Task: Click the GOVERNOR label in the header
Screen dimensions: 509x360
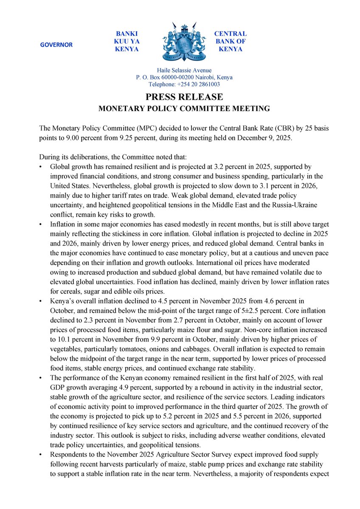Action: tap(56, 45)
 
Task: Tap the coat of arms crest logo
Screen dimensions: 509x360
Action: tap(180, 42)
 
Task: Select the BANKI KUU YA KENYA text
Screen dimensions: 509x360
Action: tap(127, 41)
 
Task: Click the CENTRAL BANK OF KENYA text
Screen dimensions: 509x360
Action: tap(230, 41)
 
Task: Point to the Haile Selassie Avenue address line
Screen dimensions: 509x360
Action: tap(184, 70)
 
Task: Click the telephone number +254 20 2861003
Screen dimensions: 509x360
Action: tap(200, 84)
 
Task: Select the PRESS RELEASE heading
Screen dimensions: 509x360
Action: tap(184, 97)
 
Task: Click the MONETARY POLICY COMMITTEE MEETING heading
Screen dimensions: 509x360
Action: tap(184, 109)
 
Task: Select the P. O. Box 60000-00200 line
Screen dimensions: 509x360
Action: tap(184, 78)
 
